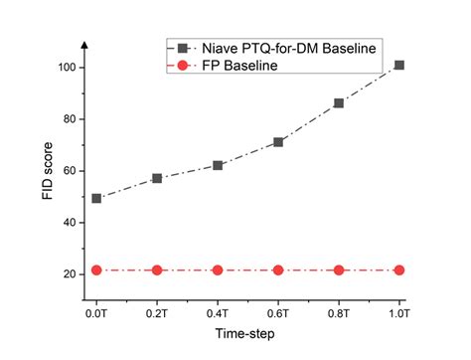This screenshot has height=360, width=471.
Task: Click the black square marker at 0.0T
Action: [x=96, y=198]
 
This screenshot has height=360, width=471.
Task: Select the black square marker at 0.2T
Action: [x=157, y=178]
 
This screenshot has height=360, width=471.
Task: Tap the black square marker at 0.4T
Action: [x=218, y=165]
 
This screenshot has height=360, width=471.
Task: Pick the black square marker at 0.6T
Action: [x=278, y=142]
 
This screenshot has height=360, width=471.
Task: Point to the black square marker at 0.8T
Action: [x=339, y=103]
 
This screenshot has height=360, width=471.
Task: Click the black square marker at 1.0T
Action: [x=399, y=66]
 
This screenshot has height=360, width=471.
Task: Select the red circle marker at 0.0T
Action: [x=96, y=270]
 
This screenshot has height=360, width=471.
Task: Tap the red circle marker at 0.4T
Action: [x=218, y=270]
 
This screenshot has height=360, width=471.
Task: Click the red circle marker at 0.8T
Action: [x=339, y=270]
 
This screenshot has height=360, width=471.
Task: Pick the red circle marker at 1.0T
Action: [x=399, y=270]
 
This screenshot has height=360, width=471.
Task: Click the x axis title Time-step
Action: [x=244, y=336]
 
